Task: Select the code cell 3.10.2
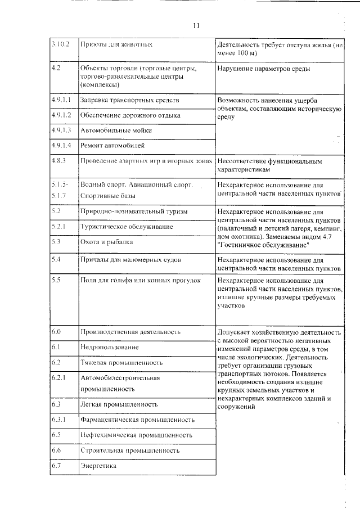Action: pos(59,44)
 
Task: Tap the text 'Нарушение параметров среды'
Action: pos(263,69)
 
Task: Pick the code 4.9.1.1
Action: pos(60,100)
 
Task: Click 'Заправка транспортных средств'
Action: pos(130,100)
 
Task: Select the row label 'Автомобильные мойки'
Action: pos(116,130)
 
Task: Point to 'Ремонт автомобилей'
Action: pos(112,145)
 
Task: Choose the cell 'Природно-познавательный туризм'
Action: pos(134,211)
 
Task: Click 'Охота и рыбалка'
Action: pos(107,242)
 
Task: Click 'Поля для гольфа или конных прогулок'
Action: pos(141,280)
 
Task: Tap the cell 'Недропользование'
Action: pos(109,348)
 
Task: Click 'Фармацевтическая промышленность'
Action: pos(138,420)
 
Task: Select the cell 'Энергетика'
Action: pos(98,466)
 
